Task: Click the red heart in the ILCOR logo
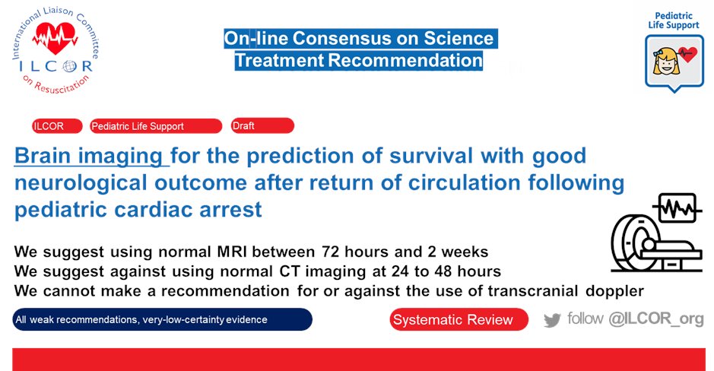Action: coord(55,38)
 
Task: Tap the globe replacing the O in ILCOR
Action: coord(70,66)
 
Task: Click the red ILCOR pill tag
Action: coord(57,126)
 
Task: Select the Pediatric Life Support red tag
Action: coord(156,126)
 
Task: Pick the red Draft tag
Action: coord(262,125)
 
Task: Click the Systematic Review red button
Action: coord(459,319)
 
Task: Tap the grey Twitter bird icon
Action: coord(552,321)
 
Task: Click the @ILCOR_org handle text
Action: coord(656,319)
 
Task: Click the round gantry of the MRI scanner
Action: coord(631,243)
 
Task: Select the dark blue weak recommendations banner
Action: coord(163,319)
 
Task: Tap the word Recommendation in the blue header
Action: coord(405,61)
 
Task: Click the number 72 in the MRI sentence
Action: coord(331,252)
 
